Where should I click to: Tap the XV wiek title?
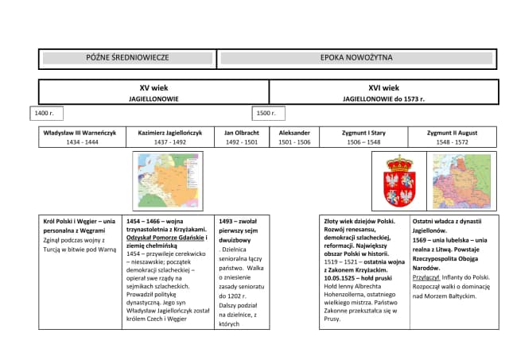pos(153,87)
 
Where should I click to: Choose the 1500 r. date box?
pos(266,114)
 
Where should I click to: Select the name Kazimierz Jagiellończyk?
pos(170,133)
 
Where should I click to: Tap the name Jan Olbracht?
pos(242,133)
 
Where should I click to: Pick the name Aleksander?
pos(294,133)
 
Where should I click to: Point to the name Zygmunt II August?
pos(452,133)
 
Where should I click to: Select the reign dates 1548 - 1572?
pos(452,141)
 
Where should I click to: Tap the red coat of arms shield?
pos(400,180)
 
